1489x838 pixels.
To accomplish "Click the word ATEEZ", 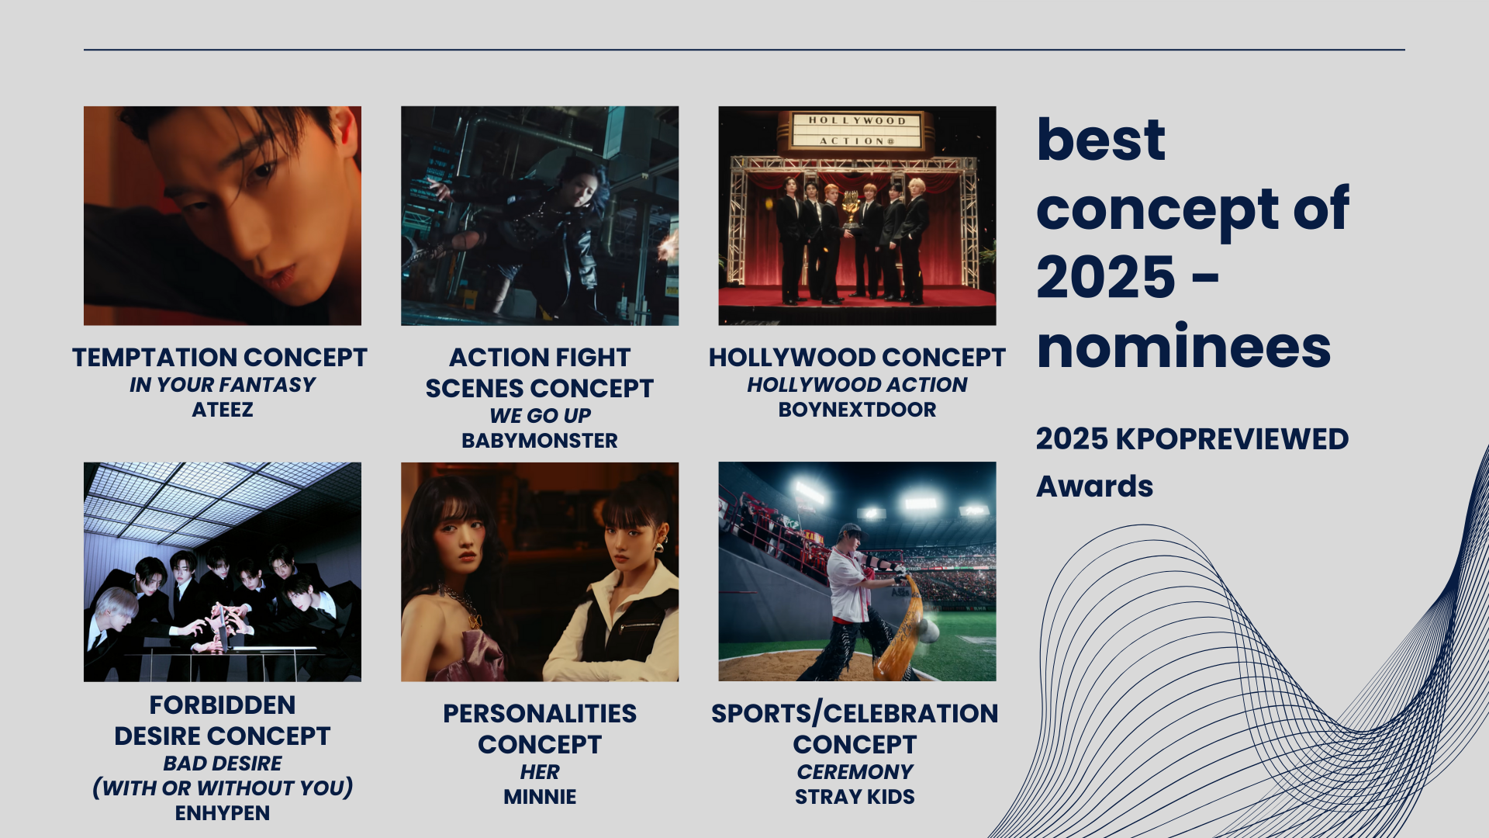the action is (223, 410).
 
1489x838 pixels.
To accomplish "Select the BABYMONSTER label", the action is (540, 441).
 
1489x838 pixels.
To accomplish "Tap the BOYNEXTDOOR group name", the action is (857, 410).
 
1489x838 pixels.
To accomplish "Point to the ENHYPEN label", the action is (223, 813).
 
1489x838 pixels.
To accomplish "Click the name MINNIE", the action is (540, 797).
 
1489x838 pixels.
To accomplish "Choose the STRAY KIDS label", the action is (855, 797).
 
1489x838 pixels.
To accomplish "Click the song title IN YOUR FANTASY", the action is (223, 385).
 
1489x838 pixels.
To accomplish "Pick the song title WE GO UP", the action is (540, 416).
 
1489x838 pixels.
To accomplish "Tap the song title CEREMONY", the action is (855, 772).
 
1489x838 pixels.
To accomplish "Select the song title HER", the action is (540, 772).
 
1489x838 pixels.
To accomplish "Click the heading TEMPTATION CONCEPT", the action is (219, 358).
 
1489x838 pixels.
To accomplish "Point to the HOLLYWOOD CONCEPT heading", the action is (857, 358).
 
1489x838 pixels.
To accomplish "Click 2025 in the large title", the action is (1106, 277).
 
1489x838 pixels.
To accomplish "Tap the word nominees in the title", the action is (1183, 347).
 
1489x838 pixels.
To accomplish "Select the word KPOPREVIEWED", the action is (1232, 439).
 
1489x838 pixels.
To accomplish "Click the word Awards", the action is (1094, 487).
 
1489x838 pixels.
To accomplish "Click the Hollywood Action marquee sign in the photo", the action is (857, 130).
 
